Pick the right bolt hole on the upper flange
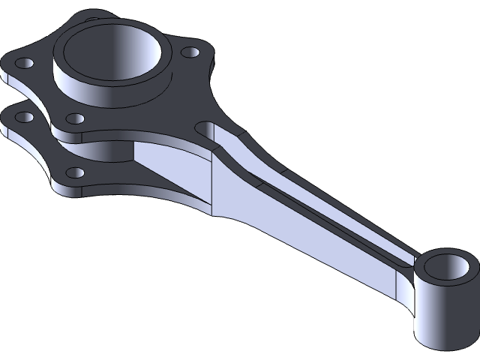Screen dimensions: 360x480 coord(190,53)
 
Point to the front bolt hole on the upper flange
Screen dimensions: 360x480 coord(75,118)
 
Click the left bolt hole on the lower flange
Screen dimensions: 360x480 coord(25,117)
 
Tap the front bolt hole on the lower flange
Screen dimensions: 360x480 coord(75,172)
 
